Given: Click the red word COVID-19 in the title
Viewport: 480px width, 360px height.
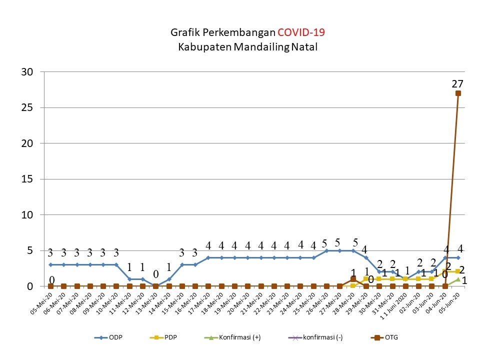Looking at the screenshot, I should (301, 33).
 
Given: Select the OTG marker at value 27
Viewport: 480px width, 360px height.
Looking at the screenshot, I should (458, 93).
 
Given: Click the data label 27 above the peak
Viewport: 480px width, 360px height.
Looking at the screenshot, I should (457, 83).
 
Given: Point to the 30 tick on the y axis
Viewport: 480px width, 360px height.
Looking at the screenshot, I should (27, 72).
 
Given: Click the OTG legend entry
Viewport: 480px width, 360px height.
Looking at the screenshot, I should (384, 337).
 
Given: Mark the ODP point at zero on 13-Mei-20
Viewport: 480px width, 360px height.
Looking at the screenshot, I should (155, 286).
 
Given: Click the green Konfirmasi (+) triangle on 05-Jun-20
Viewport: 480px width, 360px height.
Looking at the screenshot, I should (458, 279).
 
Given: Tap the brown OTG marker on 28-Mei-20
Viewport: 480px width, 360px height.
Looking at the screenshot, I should (353, 279).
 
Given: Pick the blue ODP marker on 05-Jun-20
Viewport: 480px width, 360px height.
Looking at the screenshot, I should (458, 257).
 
